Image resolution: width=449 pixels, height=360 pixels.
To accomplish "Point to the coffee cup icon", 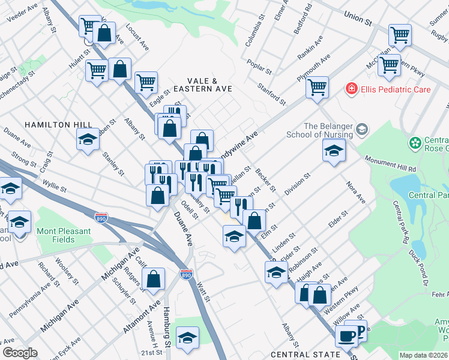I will point(346,336).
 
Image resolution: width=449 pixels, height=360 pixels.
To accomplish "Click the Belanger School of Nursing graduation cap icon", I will point(362,129).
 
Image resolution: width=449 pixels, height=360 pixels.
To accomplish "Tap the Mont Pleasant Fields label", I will point(64,235).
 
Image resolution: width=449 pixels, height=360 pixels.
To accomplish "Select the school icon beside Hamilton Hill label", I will point(88,139).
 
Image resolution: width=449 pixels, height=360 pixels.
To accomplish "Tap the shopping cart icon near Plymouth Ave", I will point(317,86).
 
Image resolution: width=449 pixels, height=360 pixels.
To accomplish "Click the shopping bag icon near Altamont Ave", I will point(154,278).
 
